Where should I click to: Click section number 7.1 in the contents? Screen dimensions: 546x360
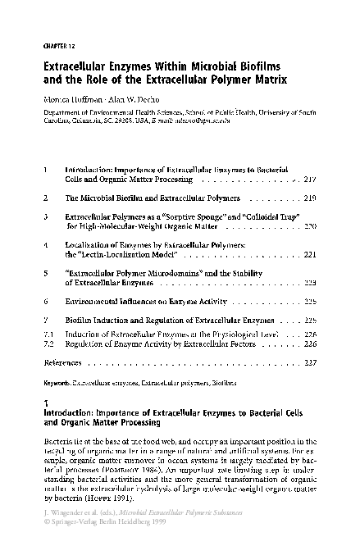click(x=48, y=334)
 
